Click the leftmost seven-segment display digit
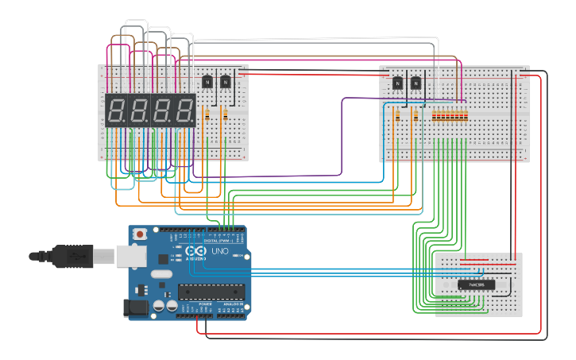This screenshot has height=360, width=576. (x=116, y=110)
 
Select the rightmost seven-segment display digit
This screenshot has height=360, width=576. (x=186, y=110)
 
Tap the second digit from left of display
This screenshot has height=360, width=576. (x=139, y=110)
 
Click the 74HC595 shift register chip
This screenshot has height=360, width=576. (x=477, y=285)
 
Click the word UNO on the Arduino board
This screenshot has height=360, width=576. (x=220, y=252)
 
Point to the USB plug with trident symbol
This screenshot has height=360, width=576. (x=71, y=256)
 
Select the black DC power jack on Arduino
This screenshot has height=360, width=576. (x=136, y=307)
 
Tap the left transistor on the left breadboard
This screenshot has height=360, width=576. (x=207, y=81)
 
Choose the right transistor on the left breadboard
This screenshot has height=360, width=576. (x=226, y=81)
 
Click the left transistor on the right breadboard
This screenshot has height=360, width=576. (x=397, y=82)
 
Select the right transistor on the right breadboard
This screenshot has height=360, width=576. (x=416, y=82)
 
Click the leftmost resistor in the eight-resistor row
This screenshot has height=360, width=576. (x=435, y=115)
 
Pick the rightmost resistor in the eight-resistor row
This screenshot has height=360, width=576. (x=466, y=115)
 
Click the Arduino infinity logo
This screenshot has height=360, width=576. (x=194, y=252)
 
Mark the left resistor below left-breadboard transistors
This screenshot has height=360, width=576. (x=207, y=114)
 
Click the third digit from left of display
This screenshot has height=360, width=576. (x=163, y=110)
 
